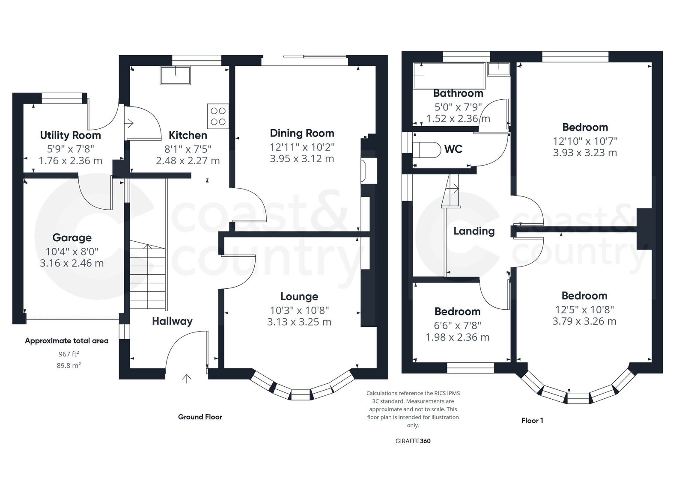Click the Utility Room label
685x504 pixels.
pos(71,135)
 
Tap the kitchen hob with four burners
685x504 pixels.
pos(218,116)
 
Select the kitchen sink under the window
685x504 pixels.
pos(176,76)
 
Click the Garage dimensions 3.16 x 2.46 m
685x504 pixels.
pos(72,263)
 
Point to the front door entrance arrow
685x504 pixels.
pos(187,378)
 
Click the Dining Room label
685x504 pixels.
pos(302,133)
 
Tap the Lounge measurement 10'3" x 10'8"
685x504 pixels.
pos(299,310)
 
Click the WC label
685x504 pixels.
pos(453,149)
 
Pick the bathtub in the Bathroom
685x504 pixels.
pos(449,76)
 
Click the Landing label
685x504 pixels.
pos(474,231)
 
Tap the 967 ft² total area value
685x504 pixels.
pos(69,354)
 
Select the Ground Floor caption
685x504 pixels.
pos(200,417)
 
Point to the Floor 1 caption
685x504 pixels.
pos(532,421)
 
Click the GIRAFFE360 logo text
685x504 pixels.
pos(413,441)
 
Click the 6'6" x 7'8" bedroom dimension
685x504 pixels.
pos(457,325)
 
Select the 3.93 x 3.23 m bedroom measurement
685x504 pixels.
pos(585,153)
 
